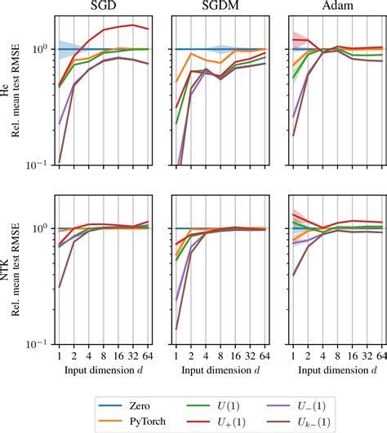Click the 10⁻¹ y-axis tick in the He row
click(x=39, y=166)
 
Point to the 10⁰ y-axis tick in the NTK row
click(x=41, y=228)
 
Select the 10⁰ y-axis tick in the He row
click(x=41, y=49)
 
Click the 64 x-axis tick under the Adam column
click(x=381, y=356)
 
